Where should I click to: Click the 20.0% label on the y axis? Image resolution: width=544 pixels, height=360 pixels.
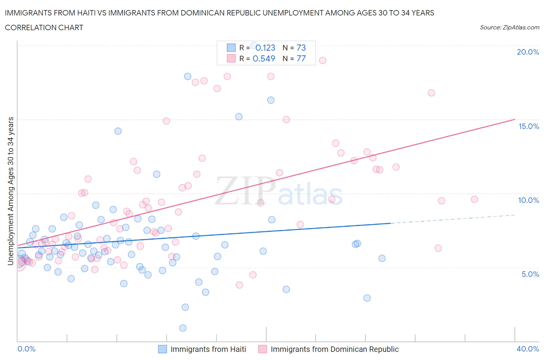click(x=528, y=52)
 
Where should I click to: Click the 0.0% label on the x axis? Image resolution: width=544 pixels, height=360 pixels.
click(x=26, y=349)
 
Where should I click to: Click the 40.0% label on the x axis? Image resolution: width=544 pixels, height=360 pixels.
click(x=528, y=349)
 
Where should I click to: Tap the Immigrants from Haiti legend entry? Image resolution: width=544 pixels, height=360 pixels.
click(x=208, y=349)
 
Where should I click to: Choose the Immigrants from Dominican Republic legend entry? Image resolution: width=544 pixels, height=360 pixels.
click(x=334, y=349)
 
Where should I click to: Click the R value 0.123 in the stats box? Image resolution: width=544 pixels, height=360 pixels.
click(x=265, y=48)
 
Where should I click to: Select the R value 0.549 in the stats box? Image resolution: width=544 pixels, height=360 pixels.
click(x=264, y=58)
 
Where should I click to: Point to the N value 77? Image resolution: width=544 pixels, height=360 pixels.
click(x=301, y=58)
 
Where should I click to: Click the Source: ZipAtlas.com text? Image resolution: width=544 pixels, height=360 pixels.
click(x=509, y=27)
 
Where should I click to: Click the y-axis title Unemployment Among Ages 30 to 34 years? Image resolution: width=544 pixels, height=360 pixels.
click(x=10, y=191)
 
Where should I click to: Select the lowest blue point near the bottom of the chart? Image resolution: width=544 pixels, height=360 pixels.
click(x=183, y=328)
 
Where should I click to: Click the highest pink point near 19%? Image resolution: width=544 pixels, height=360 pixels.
click(x=322, y=60)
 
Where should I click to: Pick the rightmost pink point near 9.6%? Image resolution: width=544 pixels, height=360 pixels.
click(x=474, y=199)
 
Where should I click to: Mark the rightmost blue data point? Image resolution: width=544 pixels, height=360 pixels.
click(x=382, y=259)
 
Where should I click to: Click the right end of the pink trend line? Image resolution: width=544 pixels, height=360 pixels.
click(x=515, y=120)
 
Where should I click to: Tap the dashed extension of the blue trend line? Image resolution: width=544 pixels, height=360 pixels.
click(x=453, y=219)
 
